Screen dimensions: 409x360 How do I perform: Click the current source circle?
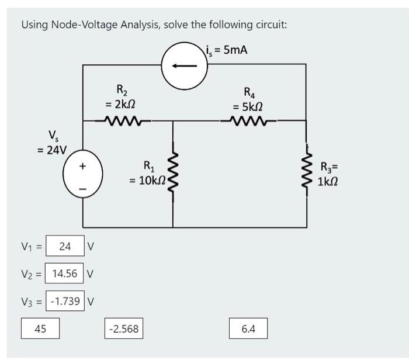tap(162, 66)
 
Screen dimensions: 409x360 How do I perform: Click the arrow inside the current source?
tap(184, 66)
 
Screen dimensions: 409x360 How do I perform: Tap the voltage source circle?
tap(63, 174)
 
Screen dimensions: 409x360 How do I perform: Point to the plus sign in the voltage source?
tap(82, 166)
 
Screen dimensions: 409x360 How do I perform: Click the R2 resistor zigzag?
tap(123, 121)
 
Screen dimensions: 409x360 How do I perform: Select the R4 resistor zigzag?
tap(248, 120)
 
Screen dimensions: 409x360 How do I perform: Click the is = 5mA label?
tap(227, 50)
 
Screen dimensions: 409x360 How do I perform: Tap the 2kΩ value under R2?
tap(120, 105)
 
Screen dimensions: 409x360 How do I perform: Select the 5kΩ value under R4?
tap(248, 107)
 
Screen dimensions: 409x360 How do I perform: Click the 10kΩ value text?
tap(147, 180)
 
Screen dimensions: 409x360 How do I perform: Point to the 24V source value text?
tap(52, 150)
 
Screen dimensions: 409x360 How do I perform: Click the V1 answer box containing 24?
tap(65, 245)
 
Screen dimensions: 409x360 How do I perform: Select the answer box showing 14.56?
tap(64, 273)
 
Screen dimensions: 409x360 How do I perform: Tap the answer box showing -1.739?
tap(65, 301)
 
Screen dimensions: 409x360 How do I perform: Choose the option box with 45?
tap(40, 328)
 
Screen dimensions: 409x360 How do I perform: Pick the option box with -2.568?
tap(124, 328)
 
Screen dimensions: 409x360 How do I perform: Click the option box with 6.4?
tap(248, 328)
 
